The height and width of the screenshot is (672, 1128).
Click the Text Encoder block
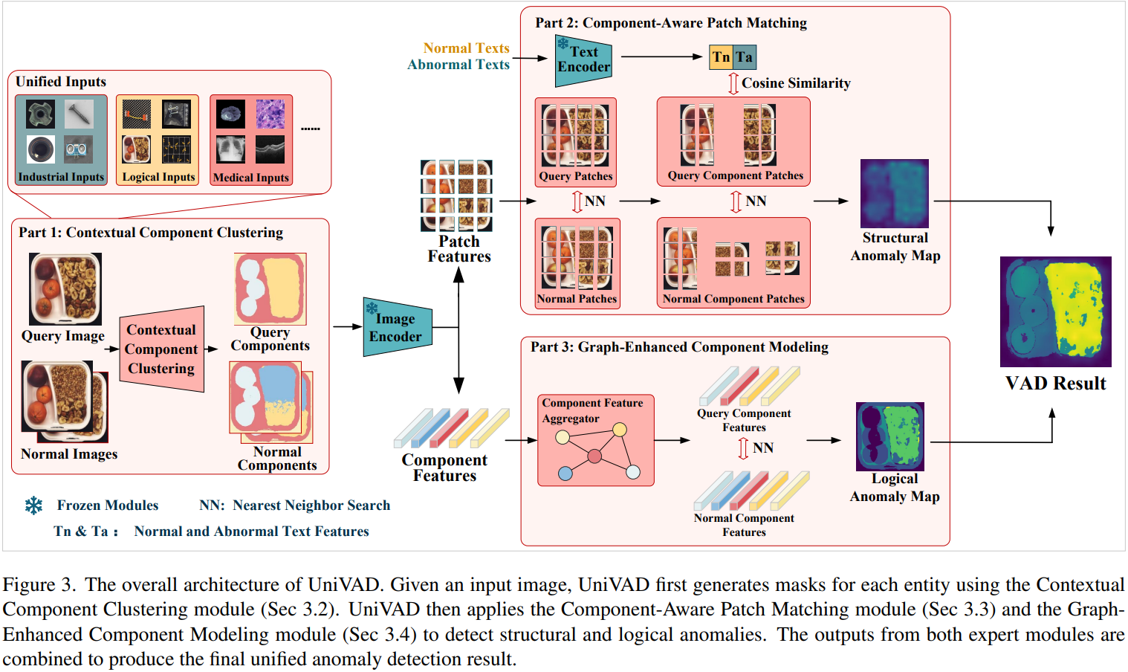point(583,59)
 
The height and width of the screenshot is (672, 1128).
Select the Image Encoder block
point(396,327)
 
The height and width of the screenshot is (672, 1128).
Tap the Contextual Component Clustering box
point(161,349)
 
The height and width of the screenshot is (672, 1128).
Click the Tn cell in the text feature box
point(721,57)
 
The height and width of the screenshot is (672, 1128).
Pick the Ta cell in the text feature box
point(745,57)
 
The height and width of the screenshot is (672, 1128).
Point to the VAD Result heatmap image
point(1055,311)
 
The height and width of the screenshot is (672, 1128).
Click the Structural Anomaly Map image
point(894,193)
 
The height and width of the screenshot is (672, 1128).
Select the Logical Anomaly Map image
point(889,436)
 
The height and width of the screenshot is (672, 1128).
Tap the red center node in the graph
point(594,456)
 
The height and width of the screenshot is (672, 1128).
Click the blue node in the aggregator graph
point(565,473)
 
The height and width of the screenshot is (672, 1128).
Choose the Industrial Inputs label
point(61,177)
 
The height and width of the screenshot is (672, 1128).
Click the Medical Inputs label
point(251,178)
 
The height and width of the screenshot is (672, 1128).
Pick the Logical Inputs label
point(158,177)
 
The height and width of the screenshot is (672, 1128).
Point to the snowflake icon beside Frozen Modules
point(33,505)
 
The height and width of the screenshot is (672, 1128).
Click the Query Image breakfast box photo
point(65,288)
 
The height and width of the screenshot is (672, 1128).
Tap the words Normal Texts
point(466,48)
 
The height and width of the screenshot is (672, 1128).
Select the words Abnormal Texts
point(458,65)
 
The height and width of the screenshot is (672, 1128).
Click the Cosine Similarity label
point(796,83)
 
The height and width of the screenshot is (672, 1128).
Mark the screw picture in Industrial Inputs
point(79,114)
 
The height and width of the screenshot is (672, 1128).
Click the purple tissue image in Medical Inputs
point(270,114)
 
